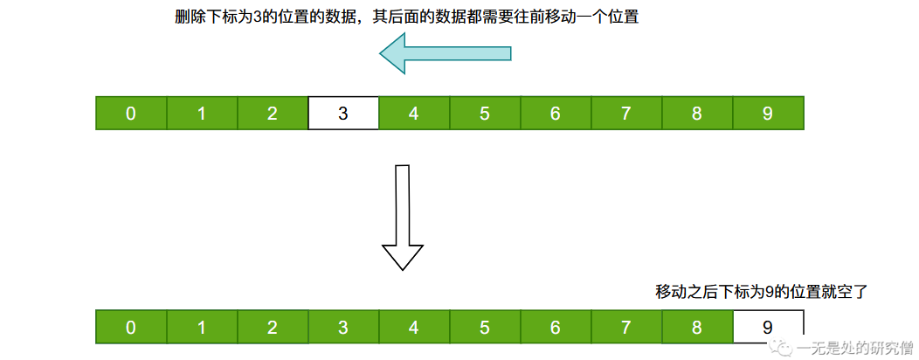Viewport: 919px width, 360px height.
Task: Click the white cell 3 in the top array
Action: coord(343,113)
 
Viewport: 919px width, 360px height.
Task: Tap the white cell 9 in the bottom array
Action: coord(768,327)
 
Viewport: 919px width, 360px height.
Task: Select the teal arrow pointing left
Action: coord(446,53)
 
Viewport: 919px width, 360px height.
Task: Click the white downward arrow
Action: coord(403,218)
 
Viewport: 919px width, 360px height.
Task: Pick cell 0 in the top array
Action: coord(131,113)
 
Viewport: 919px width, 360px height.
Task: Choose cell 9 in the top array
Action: coord(768,113)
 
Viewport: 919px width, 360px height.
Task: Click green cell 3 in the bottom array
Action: coord(343,327)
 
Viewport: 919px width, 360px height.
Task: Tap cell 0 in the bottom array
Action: coord(131,327)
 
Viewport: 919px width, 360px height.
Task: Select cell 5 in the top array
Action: coord(485,113)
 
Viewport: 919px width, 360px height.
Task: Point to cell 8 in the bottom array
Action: coord(697,327)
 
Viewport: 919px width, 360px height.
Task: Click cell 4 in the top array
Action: coord(414,113)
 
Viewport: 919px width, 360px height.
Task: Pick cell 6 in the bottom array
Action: coord(556,327)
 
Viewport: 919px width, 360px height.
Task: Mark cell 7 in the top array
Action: coord(626,113)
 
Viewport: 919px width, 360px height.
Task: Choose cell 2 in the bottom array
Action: coord(273,327)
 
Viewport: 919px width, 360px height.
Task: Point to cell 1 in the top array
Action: coord(202,113)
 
